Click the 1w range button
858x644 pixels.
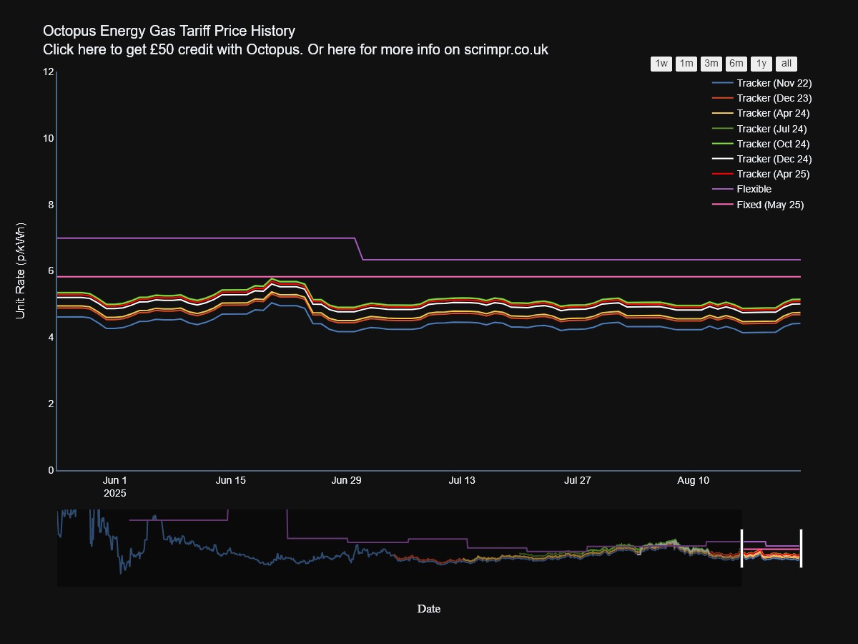tap(661, 64)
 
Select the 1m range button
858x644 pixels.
tap(686, 64)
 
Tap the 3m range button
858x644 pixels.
tap(711, 64)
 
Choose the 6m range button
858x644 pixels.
tap(736, 64)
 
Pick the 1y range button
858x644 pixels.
tap(761, 64)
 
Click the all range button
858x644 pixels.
tap(786, 64)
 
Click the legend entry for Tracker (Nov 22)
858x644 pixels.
tap(774, 83)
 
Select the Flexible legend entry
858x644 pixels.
tap(754, 190)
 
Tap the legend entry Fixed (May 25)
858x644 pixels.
tap(770, 205)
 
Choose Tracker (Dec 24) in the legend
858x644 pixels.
tap(774, 159)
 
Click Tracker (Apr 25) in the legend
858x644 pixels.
tap(773, 174)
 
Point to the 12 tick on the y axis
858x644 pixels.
tap(49, 72)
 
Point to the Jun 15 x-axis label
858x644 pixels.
tap(230, 481)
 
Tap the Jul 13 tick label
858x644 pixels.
tap(462, 481)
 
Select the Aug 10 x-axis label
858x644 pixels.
tap(693, 481)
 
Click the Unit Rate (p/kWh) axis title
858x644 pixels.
tap(21, 271)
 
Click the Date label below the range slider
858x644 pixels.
tap(429, 609)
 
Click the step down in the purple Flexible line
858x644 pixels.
tap(360, 249)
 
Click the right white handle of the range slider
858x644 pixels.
tap(801, 548)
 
